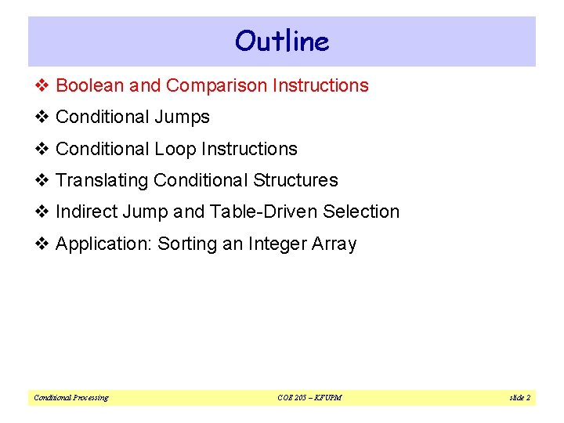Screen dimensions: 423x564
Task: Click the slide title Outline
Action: tap(282, 41)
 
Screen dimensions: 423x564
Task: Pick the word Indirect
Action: tap(85, 211)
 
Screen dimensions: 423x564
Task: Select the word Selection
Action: tap(360, 211)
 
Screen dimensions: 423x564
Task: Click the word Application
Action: tap(104, 244)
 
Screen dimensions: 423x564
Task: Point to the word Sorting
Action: tap(186, 244)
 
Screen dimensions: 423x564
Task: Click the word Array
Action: tap(336, 244)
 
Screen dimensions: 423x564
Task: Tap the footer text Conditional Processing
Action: tap(70, 398)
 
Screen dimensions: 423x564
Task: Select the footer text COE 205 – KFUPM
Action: tap(309, 398)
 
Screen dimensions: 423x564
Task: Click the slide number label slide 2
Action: tap(519, 398)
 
